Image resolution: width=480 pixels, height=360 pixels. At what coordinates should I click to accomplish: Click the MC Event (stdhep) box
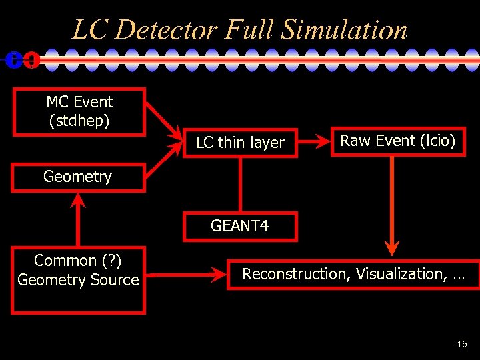pyautogui.click(x=79, y=111)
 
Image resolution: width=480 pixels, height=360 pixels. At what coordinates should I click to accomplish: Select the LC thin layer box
pyautogui.click(x=240, y=142)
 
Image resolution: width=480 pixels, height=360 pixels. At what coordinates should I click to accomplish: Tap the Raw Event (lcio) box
pyautogui.click(x=397, y=141)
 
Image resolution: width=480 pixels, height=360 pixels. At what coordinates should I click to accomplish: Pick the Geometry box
pyautogui.click(x=78, y=177)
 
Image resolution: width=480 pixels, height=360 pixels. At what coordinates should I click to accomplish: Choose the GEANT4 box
pyautogui.click(x=239, y=226)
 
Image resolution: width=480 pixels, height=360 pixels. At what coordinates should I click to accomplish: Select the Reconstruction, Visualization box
pyautogui.click(x=353, y=274)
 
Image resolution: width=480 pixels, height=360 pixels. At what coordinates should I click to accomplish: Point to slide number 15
pyautogui.click(x=462, y=344)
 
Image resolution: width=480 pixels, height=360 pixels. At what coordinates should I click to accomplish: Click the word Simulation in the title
pyautogui.click(x=344, y=30)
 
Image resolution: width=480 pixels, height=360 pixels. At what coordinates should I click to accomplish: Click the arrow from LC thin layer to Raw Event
pyautogui.click(x=313, y=141)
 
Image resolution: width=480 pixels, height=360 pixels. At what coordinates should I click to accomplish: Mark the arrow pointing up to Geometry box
pyautogui.click(x=78, y=220)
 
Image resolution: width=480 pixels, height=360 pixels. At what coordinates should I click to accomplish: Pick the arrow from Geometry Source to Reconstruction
pyautogui.click(x=187, y=273)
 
